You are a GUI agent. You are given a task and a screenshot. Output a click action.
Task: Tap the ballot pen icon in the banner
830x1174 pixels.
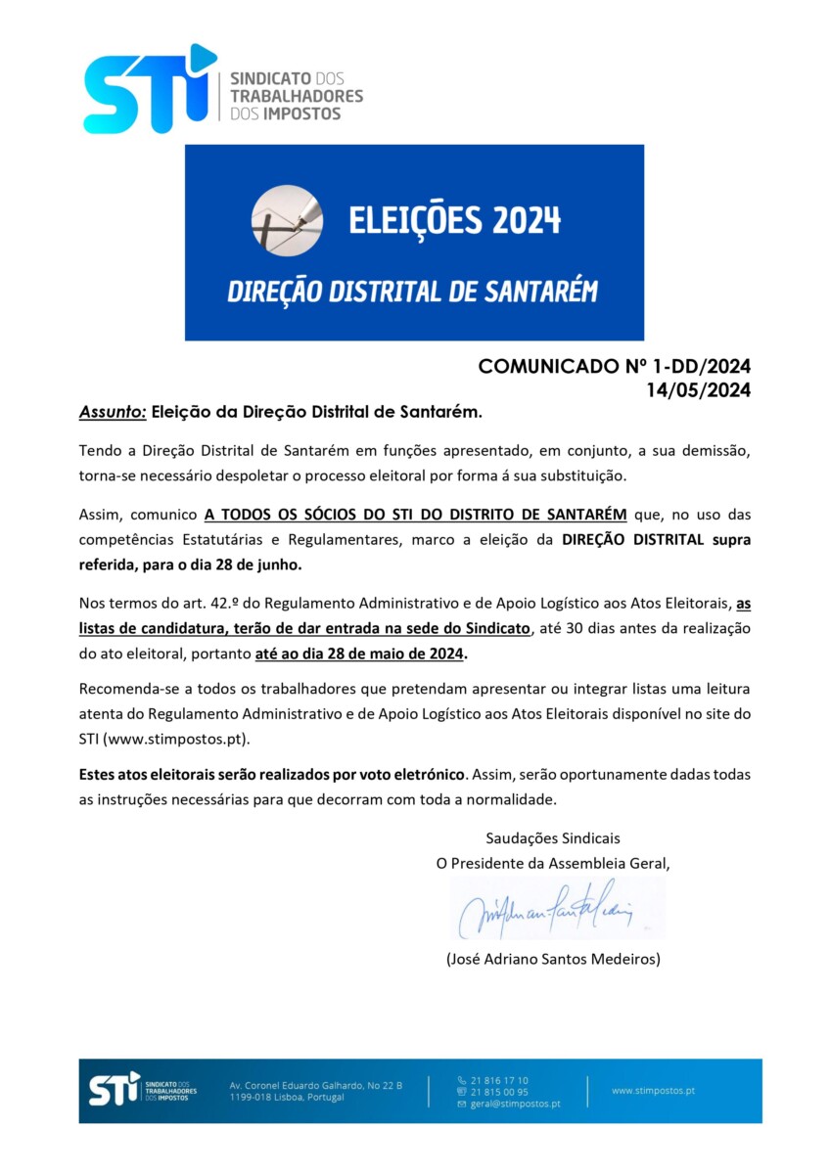(287, 220)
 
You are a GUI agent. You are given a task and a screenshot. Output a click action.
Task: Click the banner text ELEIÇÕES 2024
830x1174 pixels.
(455, 220)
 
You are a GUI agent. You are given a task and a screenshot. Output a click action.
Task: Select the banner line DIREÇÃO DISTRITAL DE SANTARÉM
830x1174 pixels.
(412, 292)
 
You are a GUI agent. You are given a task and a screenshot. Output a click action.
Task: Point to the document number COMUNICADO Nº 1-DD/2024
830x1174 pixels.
(614, 367)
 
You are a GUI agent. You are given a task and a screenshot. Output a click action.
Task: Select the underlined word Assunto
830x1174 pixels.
(113, 413)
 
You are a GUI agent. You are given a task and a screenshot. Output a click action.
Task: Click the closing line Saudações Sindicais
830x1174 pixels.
(553, 837)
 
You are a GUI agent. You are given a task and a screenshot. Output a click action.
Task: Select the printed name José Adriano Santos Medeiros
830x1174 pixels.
(553, 959)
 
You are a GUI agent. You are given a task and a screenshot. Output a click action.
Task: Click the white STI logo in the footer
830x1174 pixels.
(115, 1089)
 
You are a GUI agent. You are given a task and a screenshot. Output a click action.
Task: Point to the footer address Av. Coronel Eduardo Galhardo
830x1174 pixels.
(315, 1085)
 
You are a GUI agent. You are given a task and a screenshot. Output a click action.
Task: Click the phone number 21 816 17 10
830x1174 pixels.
(499, 1080)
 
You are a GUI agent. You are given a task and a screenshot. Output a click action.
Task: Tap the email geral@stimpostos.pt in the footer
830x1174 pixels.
(515, 1104)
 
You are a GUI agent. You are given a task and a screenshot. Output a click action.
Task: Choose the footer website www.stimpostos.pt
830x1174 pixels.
(653, 1090)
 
